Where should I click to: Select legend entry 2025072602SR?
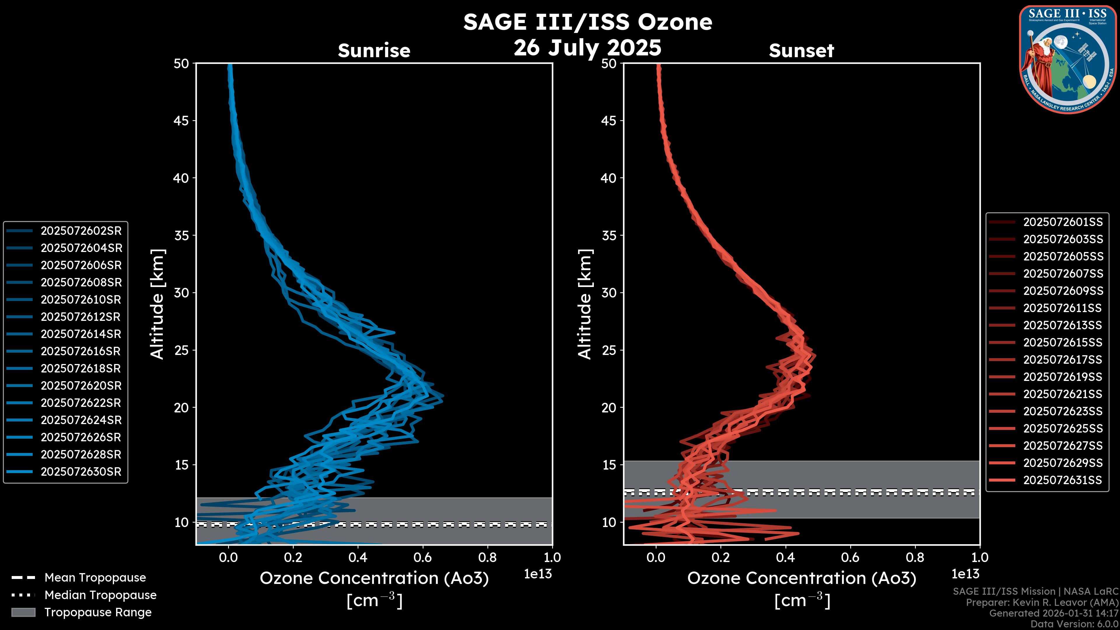81,231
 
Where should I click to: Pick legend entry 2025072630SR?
81,472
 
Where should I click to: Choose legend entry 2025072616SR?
81,351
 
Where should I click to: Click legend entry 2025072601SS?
1063,222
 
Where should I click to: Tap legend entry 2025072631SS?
1063,480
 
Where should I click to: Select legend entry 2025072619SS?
1063,377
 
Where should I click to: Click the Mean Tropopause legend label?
95,578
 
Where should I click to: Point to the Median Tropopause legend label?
100,595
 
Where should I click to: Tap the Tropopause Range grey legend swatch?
23,612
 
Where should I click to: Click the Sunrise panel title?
374,51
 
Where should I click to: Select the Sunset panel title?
801,51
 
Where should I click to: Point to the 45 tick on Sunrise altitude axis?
181,121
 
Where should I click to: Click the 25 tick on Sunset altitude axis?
609,350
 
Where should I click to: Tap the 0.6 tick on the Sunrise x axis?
423,557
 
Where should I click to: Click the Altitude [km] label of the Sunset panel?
585,304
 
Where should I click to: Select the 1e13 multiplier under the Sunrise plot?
538,574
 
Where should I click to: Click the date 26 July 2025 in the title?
587,48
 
